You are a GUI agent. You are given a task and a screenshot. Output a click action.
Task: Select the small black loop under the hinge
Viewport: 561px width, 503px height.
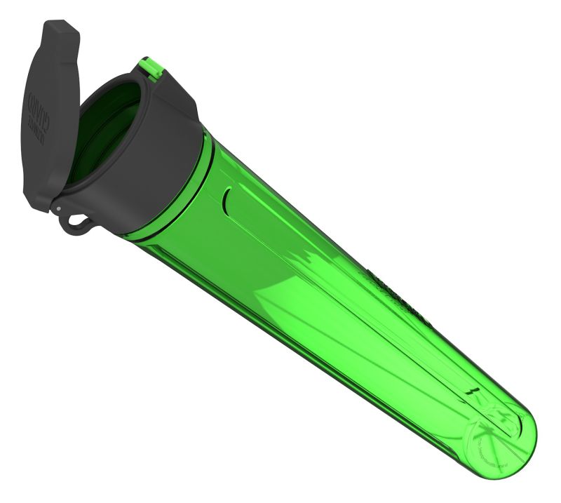76,221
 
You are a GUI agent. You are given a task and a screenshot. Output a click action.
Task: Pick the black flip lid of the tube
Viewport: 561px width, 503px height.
46,119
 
